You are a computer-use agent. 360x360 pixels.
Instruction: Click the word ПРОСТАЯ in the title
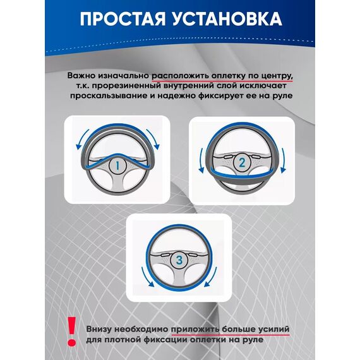123,19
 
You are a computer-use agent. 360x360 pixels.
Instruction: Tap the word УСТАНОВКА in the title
227,19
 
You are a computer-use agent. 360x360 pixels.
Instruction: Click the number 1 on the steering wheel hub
117,165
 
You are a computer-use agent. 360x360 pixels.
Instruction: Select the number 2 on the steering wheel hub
242,162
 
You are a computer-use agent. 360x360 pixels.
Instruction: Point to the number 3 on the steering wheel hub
179,260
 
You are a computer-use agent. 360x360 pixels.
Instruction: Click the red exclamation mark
72,332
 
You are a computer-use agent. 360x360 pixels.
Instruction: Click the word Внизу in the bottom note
99,329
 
